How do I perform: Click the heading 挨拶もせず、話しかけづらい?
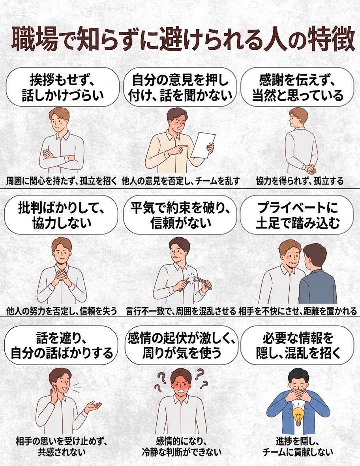coord(62,86)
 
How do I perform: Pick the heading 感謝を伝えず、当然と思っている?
coord(298,86)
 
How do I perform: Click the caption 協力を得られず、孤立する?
coord(299,181)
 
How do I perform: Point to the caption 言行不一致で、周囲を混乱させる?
coord(181,310)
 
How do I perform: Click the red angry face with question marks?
coord(181,383)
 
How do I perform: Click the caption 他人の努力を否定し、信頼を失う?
coord(62,310)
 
